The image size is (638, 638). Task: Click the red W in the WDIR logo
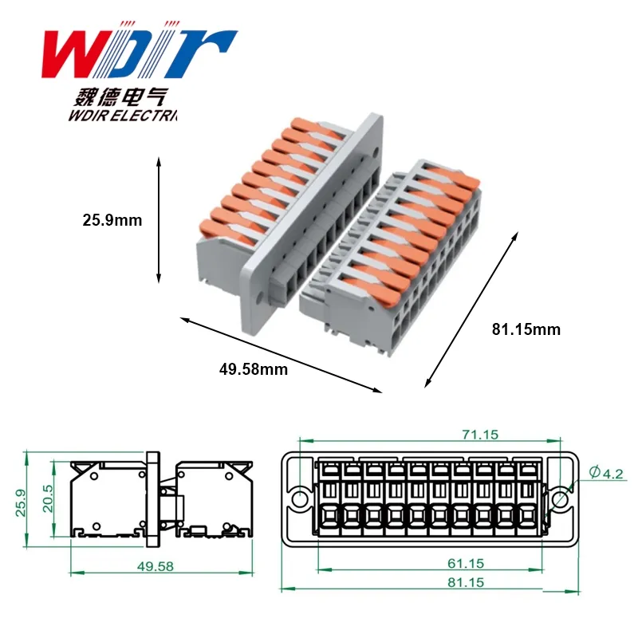pos(77,53)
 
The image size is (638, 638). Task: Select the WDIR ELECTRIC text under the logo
pos(123,116)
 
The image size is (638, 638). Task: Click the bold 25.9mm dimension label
pos(112,220)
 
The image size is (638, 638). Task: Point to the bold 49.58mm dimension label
pos(254,369)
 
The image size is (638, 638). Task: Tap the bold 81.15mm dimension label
pos(526,329)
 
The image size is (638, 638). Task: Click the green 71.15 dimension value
pos(480,435)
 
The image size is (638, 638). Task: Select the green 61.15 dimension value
pos(466,564)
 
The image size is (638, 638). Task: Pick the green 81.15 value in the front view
pos(466,582)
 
